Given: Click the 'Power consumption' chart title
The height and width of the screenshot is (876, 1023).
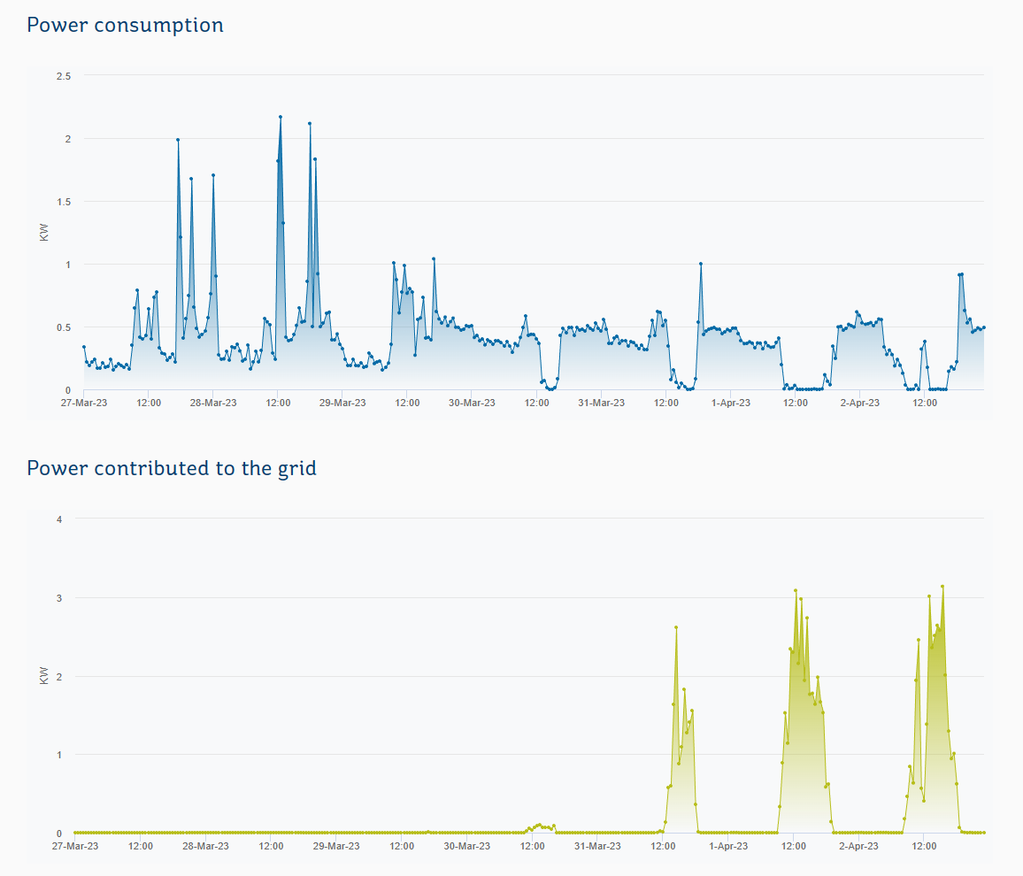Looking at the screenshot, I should pyautogui.click(x=125, y=25).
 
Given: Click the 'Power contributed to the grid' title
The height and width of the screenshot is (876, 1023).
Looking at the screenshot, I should pyautogui.click(x=172, y=467).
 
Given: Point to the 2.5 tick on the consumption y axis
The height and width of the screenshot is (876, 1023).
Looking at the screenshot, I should pyautogui.click(x=64, y=76).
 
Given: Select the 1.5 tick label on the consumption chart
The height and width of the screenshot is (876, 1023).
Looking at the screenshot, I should pyautogui.click(x=64, y=202).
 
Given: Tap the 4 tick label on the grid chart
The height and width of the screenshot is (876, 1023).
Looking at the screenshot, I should pyautogui.click(x=59, y=519).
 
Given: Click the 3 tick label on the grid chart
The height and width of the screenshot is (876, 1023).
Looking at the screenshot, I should pyautogui.click(x=59, y=597).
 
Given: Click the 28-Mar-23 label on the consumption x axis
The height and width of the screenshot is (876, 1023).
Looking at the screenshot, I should pyautogui.click(x=213, y=403).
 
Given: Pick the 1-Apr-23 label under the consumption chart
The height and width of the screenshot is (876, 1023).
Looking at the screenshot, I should pyautogui.click(x=731, y=403).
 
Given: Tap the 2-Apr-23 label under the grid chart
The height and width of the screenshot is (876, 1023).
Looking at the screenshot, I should pyautogui.click(x=858, y=846).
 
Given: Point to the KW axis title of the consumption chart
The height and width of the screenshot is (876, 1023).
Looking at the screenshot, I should pyautogui.click(x=45, y=233).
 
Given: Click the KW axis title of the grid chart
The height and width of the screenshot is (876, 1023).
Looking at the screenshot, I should pyautogui.click(x=45, y=675).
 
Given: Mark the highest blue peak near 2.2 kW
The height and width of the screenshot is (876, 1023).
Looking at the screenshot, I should pyautogui.click(x=281, y=117).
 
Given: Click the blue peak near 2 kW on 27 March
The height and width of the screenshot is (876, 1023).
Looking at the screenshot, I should pyautogui.click(x=178, y=140).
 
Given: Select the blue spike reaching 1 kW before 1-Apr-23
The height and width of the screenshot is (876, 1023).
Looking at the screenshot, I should pyautogui.click(x=700, y=264).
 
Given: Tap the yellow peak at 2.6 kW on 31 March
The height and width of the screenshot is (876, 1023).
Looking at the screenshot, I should pyautogui.click(x=676, y=627).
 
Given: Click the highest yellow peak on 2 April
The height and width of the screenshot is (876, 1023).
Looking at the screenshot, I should pyautogui.click(x=942, y=586).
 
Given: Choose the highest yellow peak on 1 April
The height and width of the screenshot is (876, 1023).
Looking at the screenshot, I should pyautogui.click(x=796, y=590).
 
